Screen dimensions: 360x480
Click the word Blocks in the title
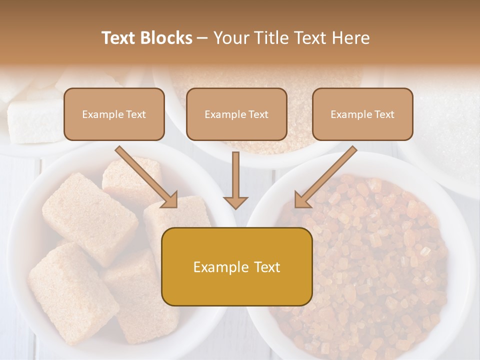click(x=167, y=38)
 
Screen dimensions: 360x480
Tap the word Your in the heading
click(x=229, y=38)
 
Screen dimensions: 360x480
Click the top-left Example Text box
click(x=114, y=114)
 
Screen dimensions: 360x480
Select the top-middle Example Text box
click(x=236, y=114)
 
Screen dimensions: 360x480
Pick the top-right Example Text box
click(x=362, y=114)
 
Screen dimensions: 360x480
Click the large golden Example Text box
click(x=236, y=267)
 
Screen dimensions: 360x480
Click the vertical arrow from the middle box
click(x=235, y=177)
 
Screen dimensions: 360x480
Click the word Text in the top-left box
click(x=135, y=114)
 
